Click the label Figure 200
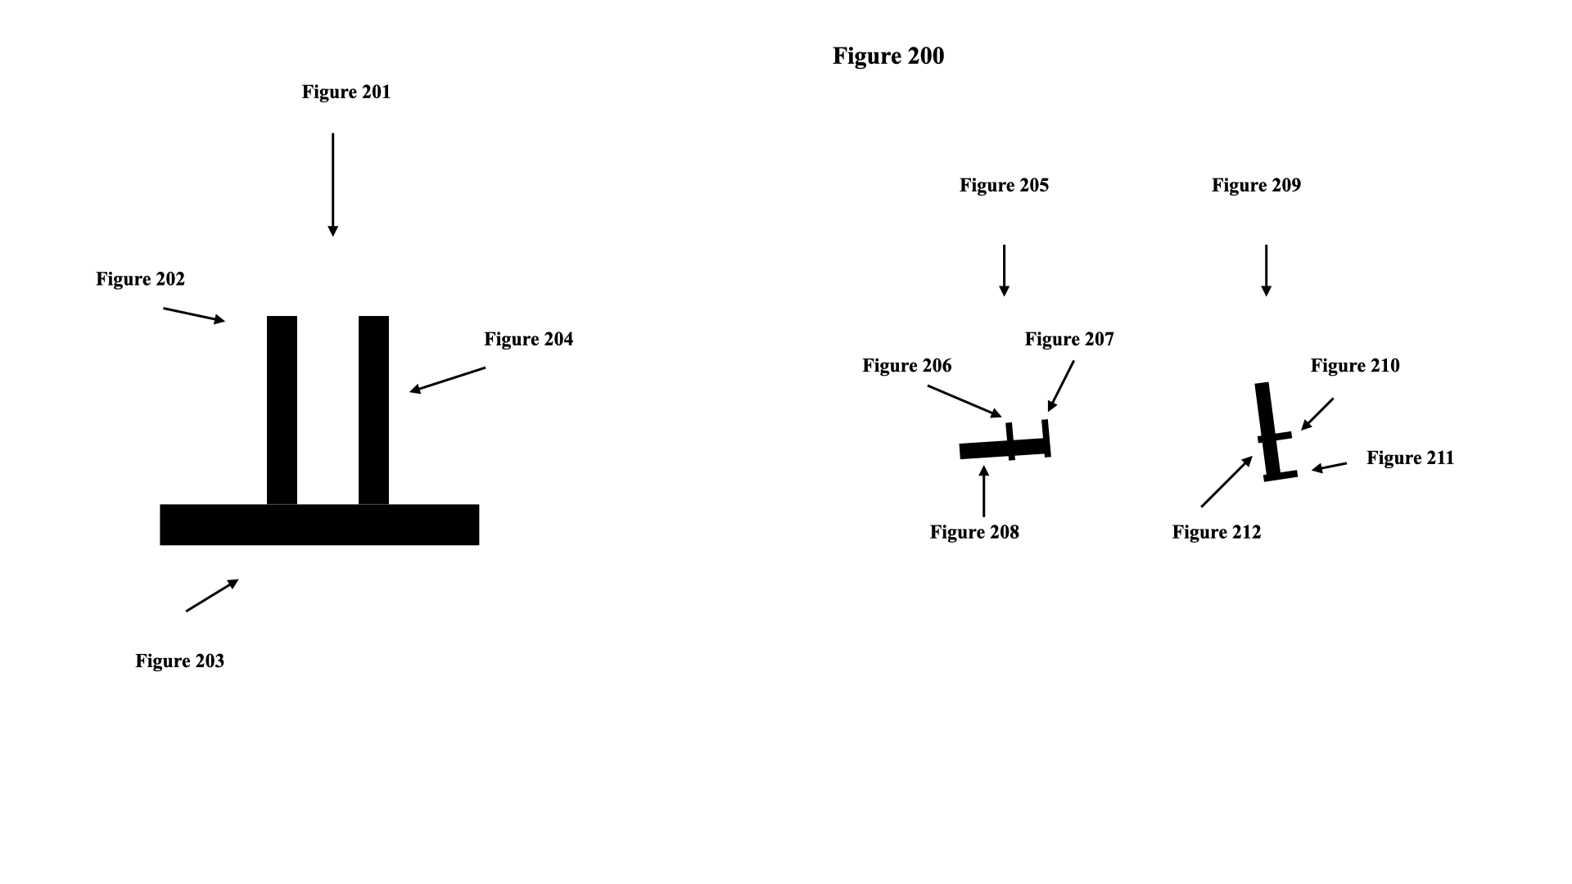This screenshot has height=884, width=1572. click(888, 56)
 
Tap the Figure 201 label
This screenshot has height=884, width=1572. click(346, 92)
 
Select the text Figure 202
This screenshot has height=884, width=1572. click(140, 279)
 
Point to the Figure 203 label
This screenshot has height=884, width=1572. click(179, 661)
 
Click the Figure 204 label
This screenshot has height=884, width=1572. click(528, 339)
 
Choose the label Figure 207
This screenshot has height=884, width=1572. click(1069, 339)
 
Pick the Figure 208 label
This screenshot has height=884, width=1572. click(974, 532)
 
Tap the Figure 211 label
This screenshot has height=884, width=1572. click(1410, 458)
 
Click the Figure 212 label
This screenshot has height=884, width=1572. click(1217, 532)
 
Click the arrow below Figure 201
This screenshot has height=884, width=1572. click(332, 184)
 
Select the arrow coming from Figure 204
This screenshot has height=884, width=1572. click(448, 380)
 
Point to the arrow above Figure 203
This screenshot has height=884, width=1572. click(212, 595)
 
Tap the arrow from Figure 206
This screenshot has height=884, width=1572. click(964, 401)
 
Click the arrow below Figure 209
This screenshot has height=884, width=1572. click(1266, 269)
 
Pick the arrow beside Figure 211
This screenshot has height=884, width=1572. click(1330, 467)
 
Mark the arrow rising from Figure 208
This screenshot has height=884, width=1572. click(983, 491)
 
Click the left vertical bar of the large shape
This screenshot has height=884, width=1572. click(282, 409)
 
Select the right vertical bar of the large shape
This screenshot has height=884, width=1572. click(373, 409)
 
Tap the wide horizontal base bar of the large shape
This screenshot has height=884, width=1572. click(319, 525)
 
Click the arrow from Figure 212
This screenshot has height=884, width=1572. click(1226, 482)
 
